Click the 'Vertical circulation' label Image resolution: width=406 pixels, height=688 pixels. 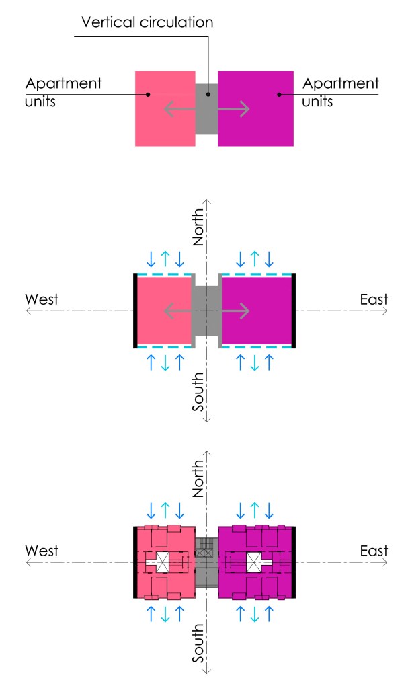(147, 22)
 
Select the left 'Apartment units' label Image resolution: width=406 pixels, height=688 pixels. (63, 93)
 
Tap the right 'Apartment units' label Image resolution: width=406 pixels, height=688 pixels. (341, 93)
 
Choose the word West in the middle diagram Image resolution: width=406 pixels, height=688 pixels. (42, 299)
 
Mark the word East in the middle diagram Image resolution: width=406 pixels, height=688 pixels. (374, 299)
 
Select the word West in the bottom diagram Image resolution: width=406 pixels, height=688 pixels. (42, 551)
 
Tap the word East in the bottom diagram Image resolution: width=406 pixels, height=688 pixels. (374, 551)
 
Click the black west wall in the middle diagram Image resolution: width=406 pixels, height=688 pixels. (135, 311)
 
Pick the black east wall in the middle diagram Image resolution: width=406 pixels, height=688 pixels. (294, 311)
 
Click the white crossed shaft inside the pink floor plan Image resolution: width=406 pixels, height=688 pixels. (163, 562)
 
